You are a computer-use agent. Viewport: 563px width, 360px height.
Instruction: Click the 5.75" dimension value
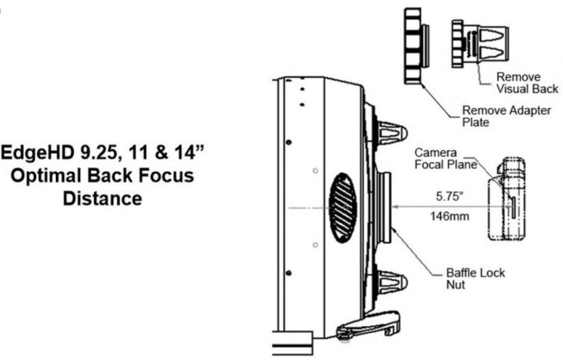coord(449,192)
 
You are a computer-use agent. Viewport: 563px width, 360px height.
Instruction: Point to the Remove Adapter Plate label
coord(496,116)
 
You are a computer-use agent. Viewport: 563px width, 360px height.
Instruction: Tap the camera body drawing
coord(508,202)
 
